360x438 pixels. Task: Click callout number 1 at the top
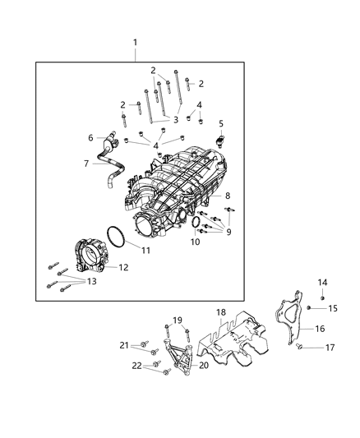click(x=136, y=42)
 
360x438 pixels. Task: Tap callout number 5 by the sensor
click(x=221, y=122)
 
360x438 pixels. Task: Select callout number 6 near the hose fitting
click(x=91, y=137)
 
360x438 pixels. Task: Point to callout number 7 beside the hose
click(x=85, y=164)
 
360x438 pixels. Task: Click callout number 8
click(x=228, y=196)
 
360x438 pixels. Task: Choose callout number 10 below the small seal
click(x=195, y=243)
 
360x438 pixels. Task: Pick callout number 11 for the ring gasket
click(x=145, y=250)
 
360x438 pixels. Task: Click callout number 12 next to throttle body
click(x=123, y=267)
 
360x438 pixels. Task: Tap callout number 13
click(x=91, y=281)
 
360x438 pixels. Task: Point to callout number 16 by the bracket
click(x=319, y=328)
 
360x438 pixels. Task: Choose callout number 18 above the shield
click(x=220, y=313)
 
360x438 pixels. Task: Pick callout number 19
click(x=177, y=320)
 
